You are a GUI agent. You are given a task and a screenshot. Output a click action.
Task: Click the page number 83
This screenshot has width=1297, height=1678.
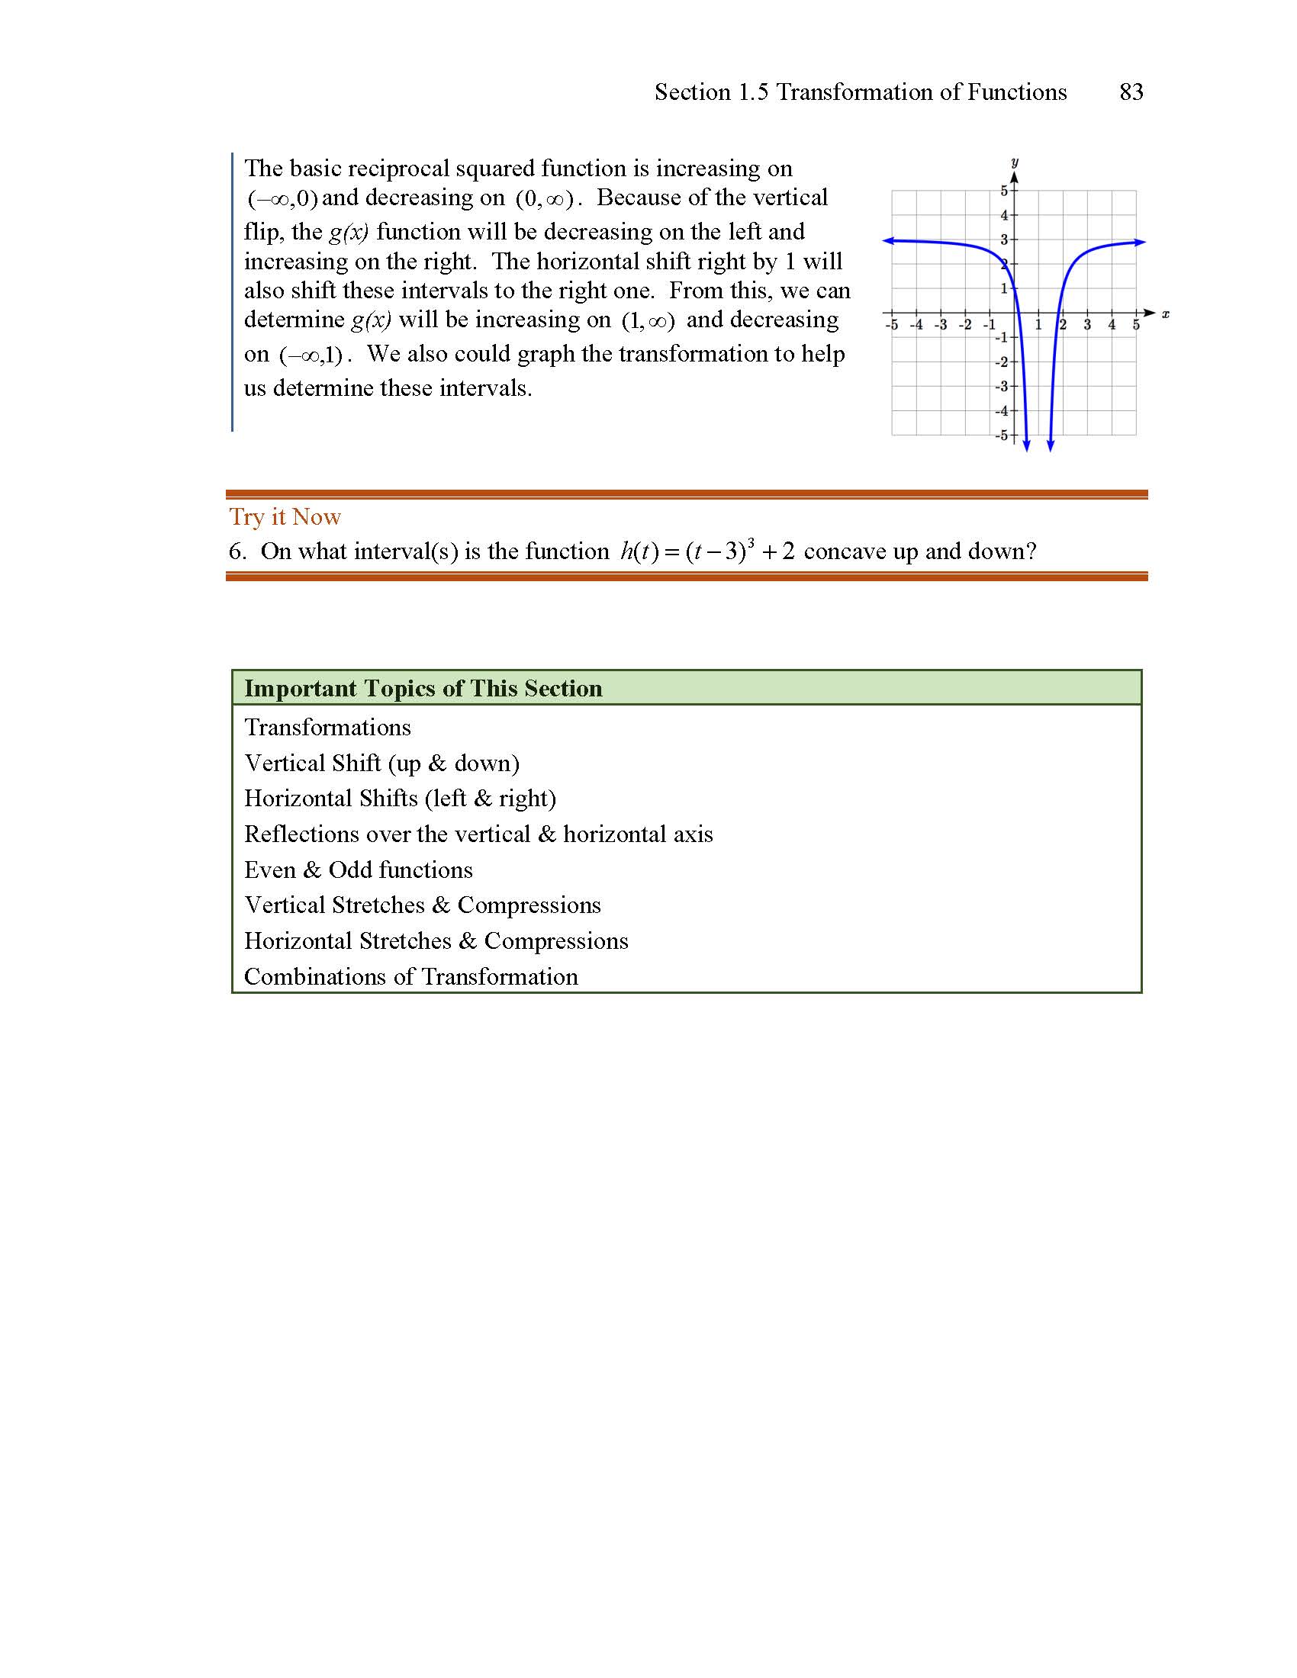[1131, 92]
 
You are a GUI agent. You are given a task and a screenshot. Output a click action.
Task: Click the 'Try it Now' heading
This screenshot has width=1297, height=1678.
[285, 517]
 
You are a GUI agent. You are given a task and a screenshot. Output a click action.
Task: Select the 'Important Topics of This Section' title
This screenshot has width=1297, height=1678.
[423, 689]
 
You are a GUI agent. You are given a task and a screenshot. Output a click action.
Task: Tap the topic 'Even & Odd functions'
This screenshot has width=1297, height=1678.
[358, 870]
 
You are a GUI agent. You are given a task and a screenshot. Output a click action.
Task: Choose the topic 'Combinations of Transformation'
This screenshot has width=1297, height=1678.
[411, 976]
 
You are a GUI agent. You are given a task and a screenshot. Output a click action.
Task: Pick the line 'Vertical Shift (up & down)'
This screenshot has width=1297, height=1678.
[382, 763]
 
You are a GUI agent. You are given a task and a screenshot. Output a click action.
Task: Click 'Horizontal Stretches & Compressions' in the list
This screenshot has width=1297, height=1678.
[436, 941]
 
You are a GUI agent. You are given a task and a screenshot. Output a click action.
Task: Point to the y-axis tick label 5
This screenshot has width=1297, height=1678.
[1003, 191]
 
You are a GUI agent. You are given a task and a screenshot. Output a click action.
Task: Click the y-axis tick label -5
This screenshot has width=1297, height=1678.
[1001, 436]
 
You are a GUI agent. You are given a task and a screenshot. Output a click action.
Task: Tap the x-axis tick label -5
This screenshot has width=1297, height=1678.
[891, 325]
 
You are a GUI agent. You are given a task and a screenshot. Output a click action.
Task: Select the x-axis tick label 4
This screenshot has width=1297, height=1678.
[1111, 325]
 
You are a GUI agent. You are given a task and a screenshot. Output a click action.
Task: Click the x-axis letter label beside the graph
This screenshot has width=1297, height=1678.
[1165, 313]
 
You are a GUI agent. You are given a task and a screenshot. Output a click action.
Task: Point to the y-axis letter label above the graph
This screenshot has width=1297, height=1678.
[1014, 162]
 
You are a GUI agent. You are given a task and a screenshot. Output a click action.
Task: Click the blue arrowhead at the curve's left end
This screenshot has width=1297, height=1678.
[887, 241]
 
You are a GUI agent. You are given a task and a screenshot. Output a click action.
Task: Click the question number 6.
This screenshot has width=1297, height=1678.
[237, 551]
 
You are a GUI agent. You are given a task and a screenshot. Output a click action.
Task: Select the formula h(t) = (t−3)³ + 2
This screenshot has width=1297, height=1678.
[708, 551]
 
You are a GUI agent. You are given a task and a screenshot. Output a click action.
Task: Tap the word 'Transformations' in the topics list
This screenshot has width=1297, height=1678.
[327, 728]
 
